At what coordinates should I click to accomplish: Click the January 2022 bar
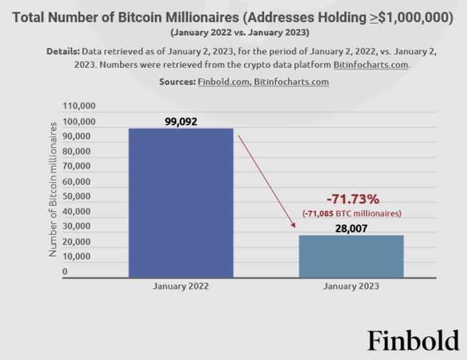[x=181, y=203]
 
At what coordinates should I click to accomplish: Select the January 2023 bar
[x=351, y=256]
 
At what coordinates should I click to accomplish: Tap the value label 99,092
[x=181, y=121]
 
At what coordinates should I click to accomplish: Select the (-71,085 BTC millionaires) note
[x=351, y=213]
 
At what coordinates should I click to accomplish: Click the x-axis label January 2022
[x=181, y=286]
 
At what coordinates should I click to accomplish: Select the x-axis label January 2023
[x=351, y=286]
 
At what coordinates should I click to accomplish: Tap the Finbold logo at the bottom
[x=413, y=341]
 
